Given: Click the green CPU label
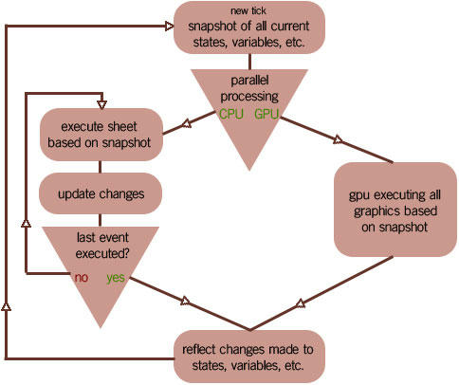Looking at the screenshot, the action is [231, 114].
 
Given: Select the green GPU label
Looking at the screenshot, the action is [266, 114].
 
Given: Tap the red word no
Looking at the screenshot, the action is [82, 278].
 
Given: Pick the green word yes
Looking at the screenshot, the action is [116, 278].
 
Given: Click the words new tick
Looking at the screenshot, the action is [248, 10].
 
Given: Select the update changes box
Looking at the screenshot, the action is [101, 193].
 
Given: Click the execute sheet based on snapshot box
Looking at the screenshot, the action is [101, 135].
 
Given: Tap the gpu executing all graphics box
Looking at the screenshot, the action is [395, 210].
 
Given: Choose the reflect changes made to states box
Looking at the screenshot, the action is [249, 357].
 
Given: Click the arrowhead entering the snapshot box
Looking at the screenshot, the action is [170, 27].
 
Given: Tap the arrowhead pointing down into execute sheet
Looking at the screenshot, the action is [101, 104].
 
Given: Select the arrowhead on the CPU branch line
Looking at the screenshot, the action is [187, 124].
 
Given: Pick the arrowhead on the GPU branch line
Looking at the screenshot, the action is [338, 139].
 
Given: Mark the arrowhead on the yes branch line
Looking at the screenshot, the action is [185, 301].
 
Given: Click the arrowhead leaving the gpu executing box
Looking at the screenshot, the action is [301, 303].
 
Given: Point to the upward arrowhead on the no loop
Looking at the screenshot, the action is [26, 223].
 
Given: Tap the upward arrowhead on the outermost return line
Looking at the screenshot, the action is [6, 306].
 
